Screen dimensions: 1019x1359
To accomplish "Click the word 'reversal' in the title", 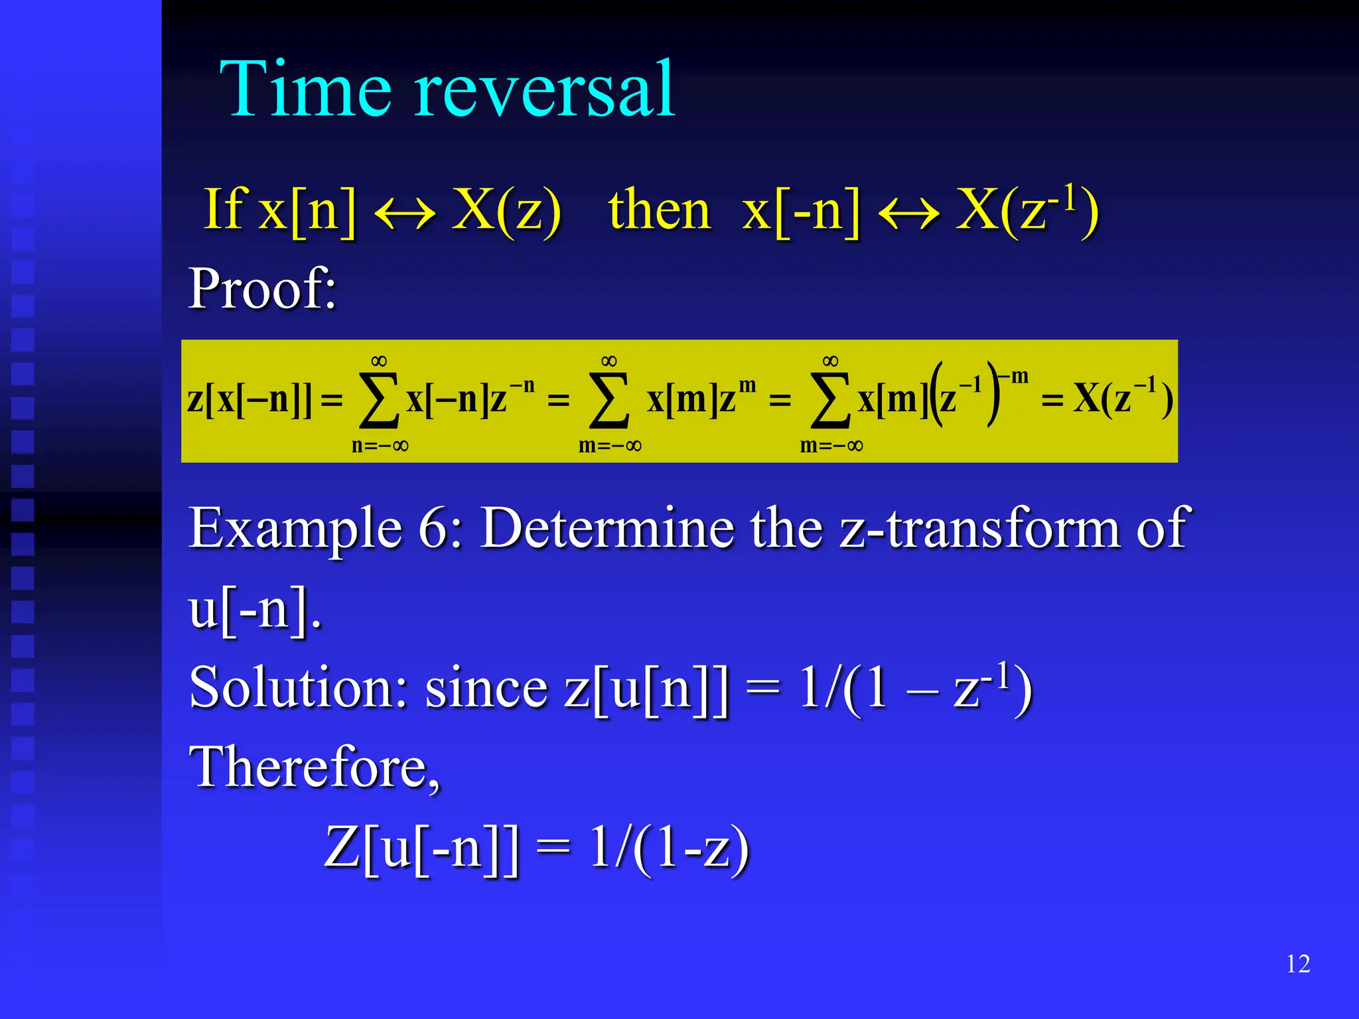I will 545,89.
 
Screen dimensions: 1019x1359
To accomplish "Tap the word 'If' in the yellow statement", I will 224,210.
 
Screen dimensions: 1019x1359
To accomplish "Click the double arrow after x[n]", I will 405,214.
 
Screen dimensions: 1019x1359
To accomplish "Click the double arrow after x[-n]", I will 908,214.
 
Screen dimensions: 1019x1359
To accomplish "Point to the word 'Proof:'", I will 263,289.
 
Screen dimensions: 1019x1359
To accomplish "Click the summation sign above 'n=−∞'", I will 379,399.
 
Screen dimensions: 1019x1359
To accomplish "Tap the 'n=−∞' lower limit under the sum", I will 380,445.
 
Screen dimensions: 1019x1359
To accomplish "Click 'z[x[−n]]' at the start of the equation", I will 249,399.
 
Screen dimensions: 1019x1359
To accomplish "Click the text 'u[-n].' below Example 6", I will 255,609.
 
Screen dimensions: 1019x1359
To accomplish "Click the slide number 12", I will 1298,964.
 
